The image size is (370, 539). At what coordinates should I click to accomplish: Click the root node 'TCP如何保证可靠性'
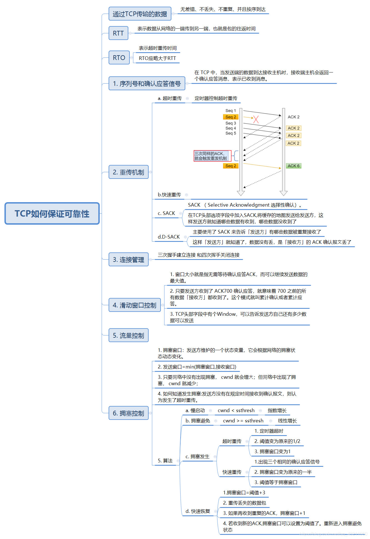click(52, 214)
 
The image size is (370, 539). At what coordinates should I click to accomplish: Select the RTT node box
click(118, 33)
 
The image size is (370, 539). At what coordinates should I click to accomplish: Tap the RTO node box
click(119, 58)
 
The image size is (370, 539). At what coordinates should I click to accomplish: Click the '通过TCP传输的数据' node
click(140, 14)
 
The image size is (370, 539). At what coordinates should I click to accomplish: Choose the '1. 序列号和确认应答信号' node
click(147, 84)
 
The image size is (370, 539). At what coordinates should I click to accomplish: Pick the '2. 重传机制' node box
click(128, 172)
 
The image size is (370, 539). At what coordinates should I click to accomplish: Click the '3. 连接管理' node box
click(128, 260)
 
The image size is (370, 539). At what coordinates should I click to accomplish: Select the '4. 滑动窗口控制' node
click(134, 305)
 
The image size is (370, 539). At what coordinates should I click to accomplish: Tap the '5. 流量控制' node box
click(128, 335)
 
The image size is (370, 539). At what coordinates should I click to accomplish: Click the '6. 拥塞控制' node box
click(128, 413)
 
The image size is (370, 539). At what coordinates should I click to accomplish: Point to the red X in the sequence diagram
click(256, 119)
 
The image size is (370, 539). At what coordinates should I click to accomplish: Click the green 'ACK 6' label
click(294, 166)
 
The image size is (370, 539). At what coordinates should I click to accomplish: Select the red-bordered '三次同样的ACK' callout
click(212, 156)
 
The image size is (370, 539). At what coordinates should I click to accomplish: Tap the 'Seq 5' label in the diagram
click(231, 133)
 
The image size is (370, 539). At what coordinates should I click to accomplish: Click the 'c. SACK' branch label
click(166, 213)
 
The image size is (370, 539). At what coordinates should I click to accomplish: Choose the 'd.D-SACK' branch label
click(169, 237)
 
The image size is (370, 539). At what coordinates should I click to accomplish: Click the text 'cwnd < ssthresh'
click(236, 410)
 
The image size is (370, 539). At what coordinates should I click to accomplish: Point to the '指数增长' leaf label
click(277, 410)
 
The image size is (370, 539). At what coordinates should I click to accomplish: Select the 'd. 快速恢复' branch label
click(197, 511)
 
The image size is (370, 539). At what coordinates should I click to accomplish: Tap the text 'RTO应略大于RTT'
click(157, 58)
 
